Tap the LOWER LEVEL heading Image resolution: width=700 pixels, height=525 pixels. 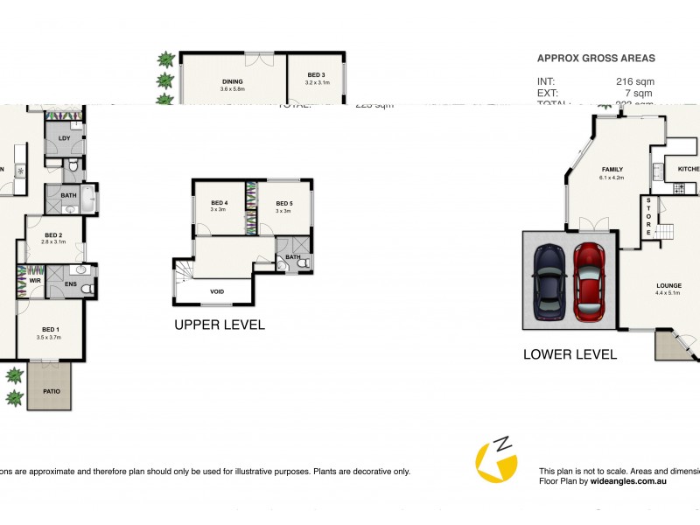coord(570,354)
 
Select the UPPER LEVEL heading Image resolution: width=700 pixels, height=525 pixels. coord(220,325)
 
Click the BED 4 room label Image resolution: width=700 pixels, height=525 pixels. coord(219,203)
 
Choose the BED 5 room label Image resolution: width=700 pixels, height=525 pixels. coord(283,203)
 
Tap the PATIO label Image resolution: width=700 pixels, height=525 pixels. coord(52,390)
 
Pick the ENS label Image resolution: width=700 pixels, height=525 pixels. coord(71,283)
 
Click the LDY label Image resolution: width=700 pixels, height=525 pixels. coord(64,139)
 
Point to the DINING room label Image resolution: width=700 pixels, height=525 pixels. coord(232,82)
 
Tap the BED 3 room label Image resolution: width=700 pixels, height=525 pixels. coord(315,75)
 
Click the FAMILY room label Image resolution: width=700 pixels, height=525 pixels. coord(612,170)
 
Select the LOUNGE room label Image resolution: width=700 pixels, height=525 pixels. coord(669,286)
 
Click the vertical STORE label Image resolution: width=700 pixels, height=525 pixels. coord(648,216)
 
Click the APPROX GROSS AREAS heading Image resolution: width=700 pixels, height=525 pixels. coord(595,59)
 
